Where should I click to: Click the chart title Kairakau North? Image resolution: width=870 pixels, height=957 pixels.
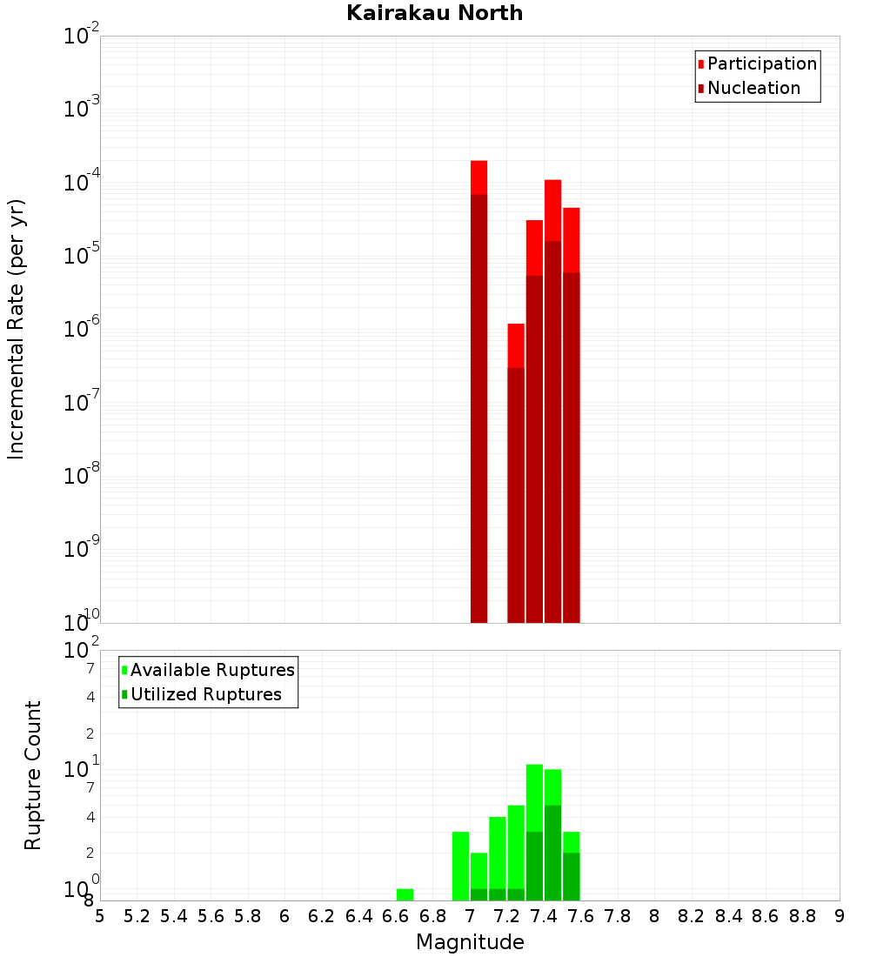tap(434, 13)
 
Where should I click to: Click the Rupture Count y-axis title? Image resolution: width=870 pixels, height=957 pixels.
tap(33, 774)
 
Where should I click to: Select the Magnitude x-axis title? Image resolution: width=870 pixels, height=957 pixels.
tap(470, 941)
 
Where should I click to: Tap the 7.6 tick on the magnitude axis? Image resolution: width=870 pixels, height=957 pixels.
tap(580, 916)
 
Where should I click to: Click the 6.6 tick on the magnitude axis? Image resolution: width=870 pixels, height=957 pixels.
tap(396, 916)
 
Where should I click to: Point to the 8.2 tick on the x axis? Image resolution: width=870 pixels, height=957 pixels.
tap(692, 916)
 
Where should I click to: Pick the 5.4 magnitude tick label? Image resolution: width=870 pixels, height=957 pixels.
tap(174, 916)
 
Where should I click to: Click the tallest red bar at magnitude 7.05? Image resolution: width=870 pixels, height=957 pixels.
tap(478, 391)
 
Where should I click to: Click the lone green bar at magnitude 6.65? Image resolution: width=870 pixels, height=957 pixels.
tap(405, 894)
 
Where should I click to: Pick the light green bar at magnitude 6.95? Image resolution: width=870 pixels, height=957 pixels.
tap(460, 866)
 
